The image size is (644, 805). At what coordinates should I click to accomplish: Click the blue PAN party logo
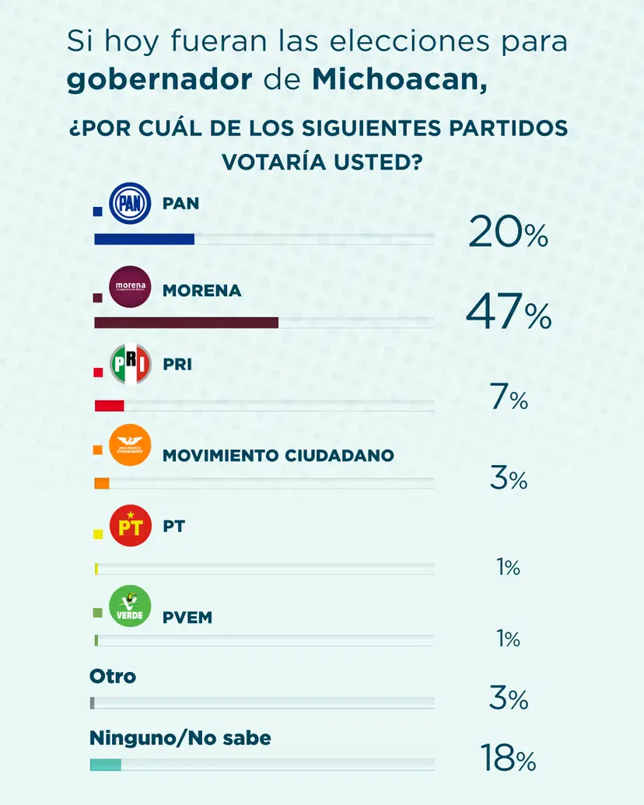[x=130, y=205]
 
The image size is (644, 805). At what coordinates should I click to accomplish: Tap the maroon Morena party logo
[x=130, y=287]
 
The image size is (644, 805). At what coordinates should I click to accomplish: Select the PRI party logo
[x=130, y=365]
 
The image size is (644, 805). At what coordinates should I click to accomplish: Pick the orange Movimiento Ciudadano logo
[x=130, y=446]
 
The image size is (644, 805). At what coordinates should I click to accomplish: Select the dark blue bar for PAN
[x=144, y=239]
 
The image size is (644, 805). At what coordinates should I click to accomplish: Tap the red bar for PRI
[x=109, y=405]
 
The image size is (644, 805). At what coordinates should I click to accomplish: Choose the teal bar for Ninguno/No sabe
[x=106, y=765]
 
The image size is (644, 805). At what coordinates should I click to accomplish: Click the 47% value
[x=508, y=314]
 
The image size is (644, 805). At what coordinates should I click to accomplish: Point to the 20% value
[x=508, y=233]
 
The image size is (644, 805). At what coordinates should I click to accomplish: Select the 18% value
[x=508, y=759]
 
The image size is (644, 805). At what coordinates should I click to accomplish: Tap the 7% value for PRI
[x=509, y=400]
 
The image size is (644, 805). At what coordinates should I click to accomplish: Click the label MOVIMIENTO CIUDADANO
[x=278, y=455]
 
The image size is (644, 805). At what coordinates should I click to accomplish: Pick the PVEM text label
[x=187, y=618]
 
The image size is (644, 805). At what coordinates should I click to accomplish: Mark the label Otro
[x=113, y=676]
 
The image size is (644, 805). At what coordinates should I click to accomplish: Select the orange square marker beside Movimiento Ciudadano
[x=98, y=450]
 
